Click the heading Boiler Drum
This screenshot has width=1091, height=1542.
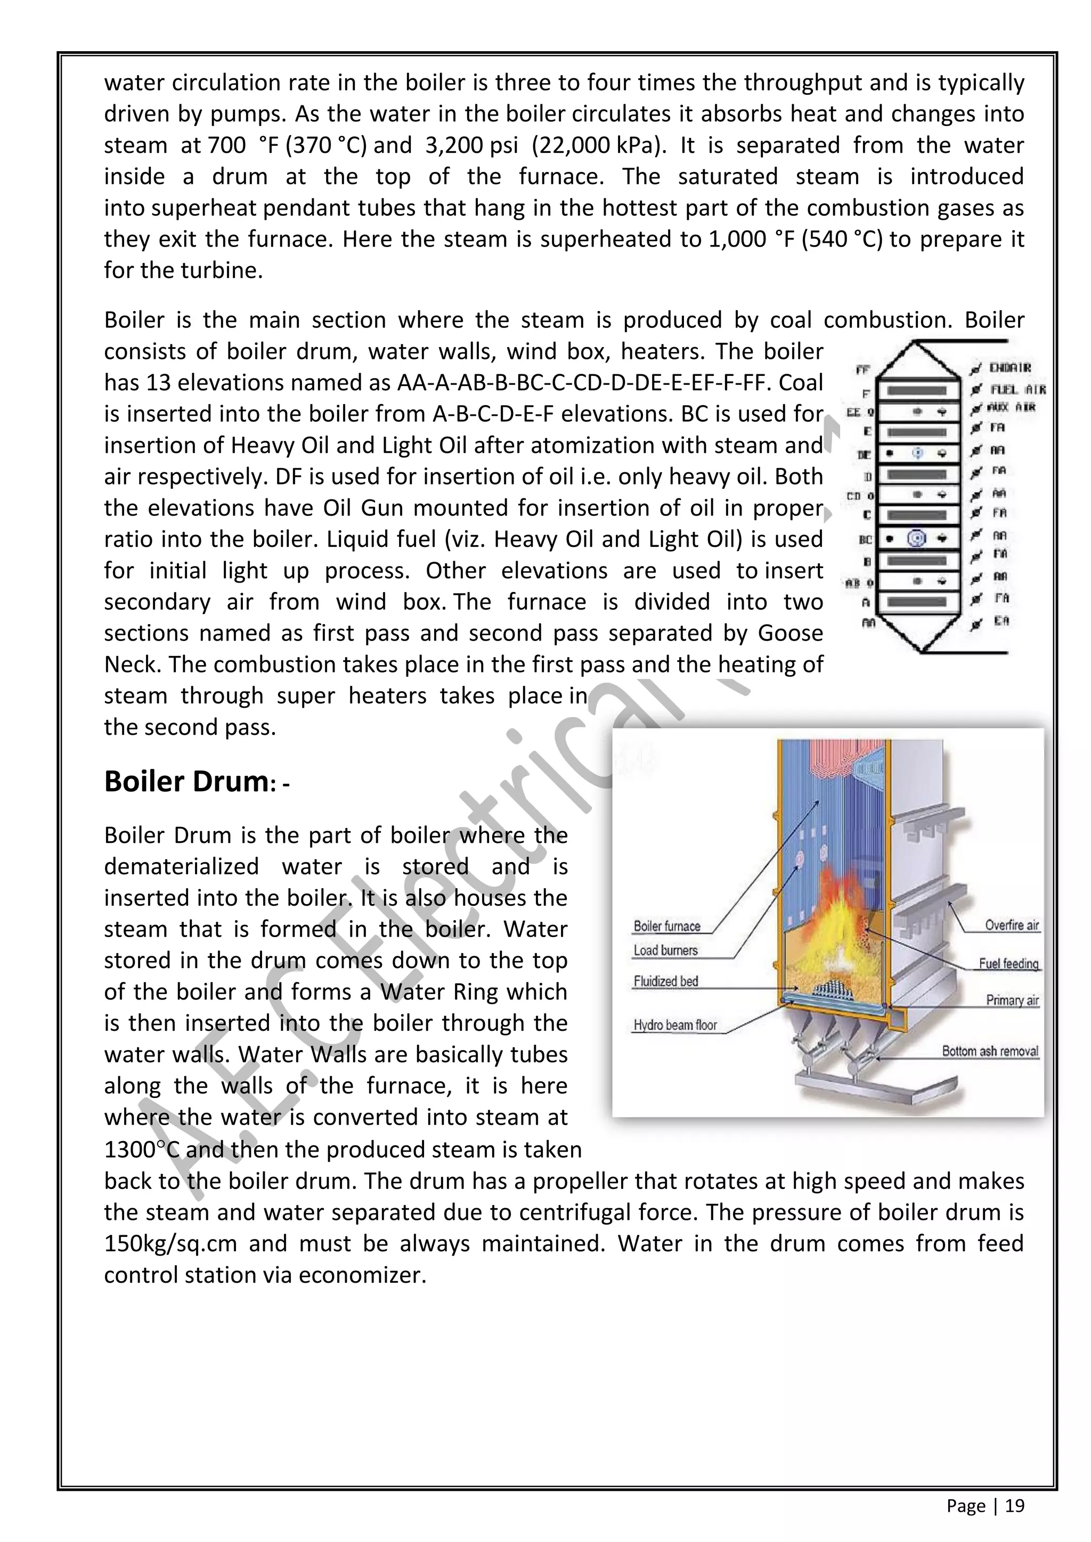click(186, 782)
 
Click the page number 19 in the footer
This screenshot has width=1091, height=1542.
click(1014, 1506)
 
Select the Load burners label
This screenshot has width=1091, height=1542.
click(665, 950)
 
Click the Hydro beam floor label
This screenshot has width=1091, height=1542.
click(675, 1025)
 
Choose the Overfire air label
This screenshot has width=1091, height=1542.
click(1011, 925)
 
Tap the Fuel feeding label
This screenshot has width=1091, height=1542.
click(1008, 964)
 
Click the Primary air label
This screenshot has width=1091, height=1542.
click(1012, 1000)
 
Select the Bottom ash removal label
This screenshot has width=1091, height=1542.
click(990, 1051)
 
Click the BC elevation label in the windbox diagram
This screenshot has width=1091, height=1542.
click(865, 539)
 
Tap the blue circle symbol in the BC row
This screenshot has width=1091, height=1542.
click(916, 538)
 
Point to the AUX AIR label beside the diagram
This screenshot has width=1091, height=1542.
click(1012, 407)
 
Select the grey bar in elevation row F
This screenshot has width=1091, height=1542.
click(918, 390)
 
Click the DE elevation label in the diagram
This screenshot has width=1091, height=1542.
click(865, 455)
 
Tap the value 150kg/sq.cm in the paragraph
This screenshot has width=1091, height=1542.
click(170, 1244)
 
